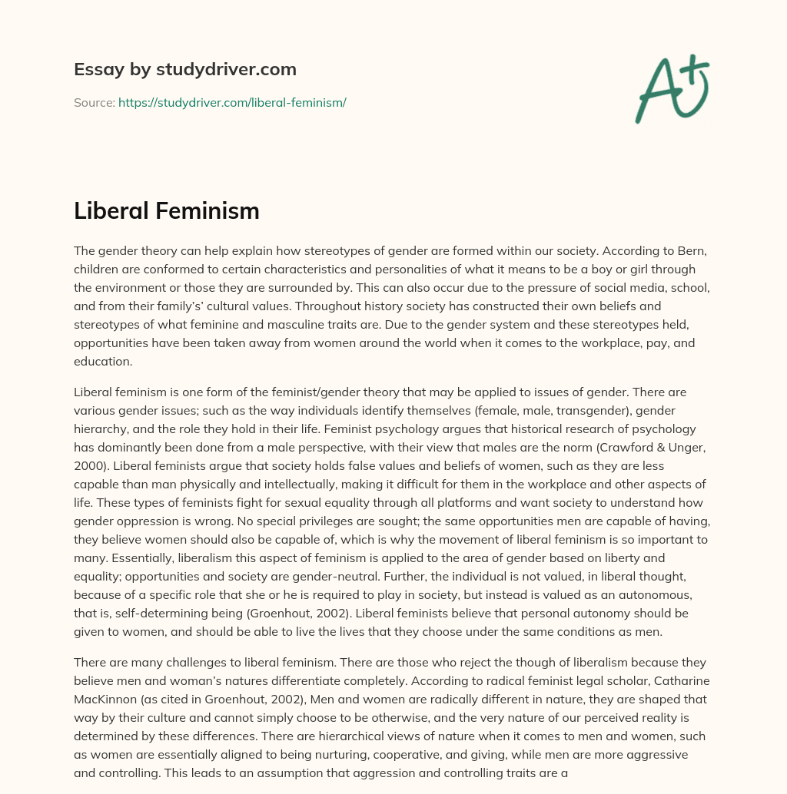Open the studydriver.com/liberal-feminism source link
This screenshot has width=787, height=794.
coord(232,102)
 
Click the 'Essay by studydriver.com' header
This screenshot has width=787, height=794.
coord(185,69)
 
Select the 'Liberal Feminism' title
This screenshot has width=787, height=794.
coord(166,211)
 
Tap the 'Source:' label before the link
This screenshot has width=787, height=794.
coord(94,102)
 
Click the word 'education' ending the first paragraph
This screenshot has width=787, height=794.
coord(105,361)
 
